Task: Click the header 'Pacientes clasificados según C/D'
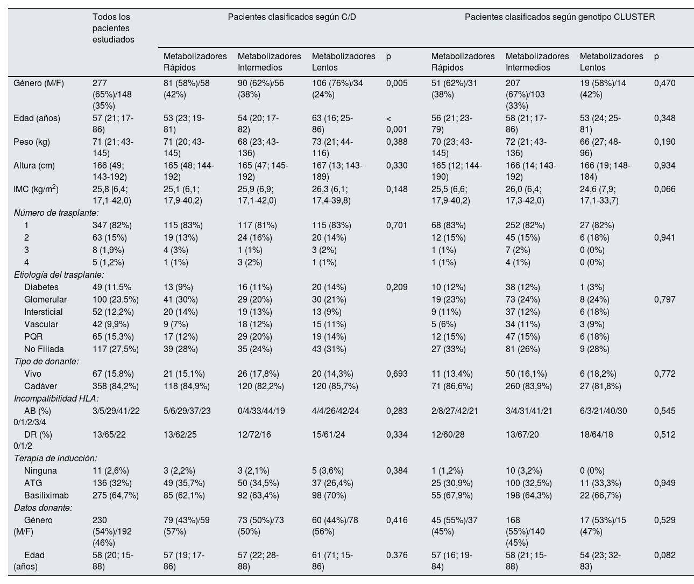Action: point(292,17)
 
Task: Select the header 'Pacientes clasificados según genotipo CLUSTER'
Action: point(560,17)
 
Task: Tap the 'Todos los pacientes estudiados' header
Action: point(114,28)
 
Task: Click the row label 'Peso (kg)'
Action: point(32,142)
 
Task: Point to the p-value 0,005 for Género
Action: point(397,83)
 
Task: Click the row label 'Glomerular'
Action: point(45,300)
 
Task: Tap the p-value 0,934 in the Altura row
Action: point(665,166)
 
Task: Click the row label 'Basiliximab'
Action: point(46,495)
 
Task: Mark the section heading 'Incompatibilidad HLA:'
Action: point(52,398)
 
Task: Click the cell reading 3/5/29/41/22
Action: point(116,411)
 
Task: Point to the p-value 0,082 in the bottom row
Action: point(665,555)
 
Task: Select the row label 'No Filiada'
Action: point(44,349)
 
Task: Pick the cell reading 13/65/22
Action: point(109,435)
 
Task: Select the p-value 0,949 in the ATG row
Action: point(665,483)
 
